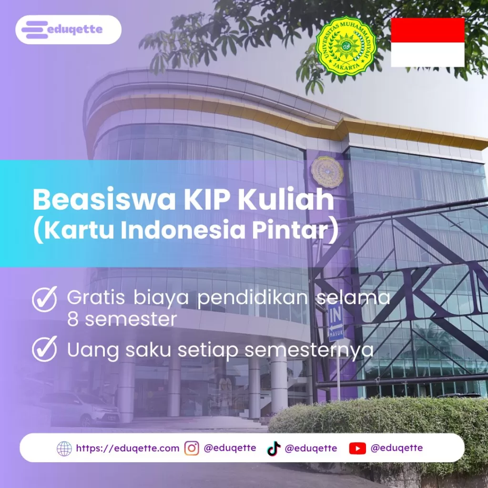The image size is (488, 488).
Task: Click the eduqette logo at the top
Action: coord(68,30)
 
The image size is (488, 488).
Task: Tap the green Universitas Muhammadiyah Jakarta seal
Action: coord(346,47)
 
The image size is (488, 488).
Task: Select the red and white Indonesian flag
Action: coord(427,42)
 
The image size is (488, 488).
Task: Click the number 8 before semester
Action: coord(73,319)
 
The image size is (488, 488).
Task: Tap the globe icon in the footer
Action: coord(64,448)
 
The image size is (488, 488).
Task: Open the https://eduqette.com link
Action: coord(127,448)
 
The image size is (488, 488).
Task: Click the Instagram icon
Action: coord(192,448)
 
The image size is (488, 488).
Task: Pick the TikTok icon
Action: coord(274,448)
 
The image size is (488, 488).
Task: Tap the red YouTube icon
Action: coord(357,448)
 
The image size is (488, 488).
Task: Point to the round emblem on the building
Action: coord(327,172)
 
